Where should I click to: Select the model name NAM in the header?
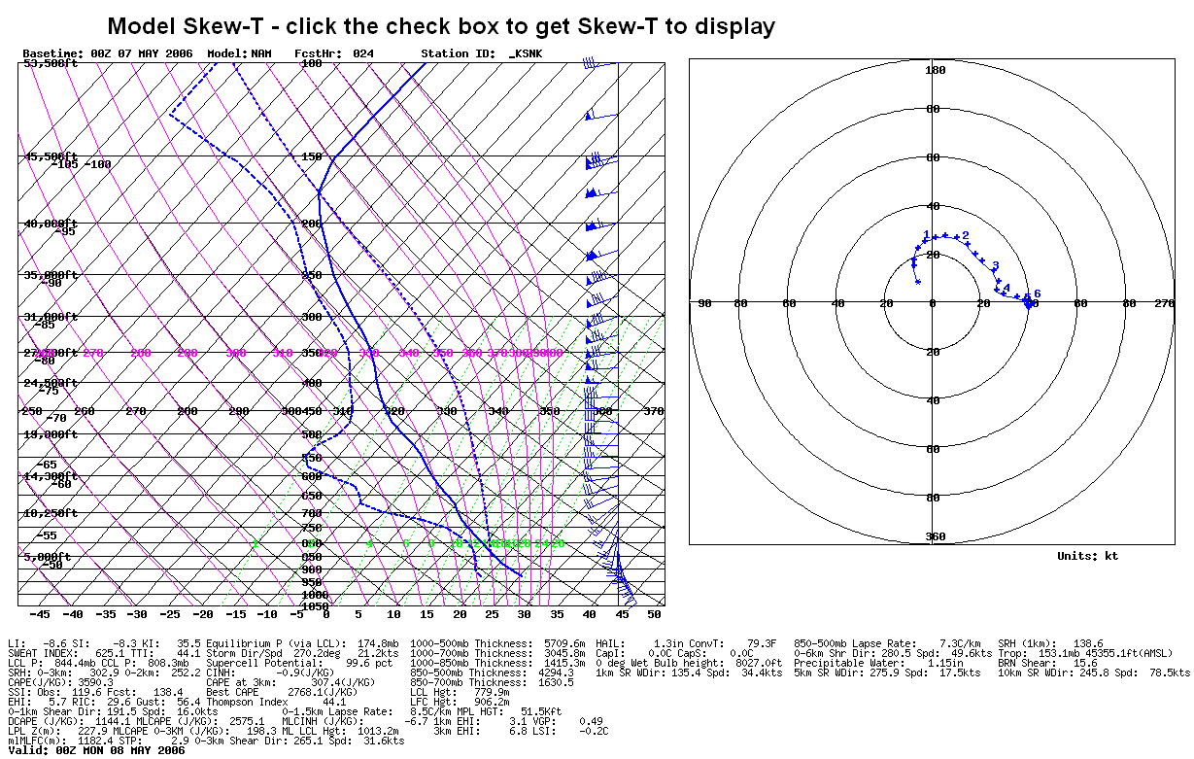[261, 52]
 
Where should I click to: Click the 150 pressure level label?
[311, 156]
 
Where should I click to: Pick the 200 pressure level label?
[311, 224]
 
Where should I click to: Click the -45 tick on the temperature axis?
[40, 614]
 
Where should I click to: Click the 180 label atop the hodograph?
[935, 70]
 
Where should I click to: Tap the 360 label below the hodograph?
[935, 536]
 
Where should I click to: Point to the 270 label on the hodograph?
[1164, 303]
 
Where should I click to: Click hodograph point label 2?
[965, 235]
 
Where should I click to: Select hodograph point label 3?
[995, 265]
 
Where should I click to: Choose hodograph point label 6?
[1038, 293]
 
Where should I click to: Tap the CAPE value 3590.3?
[94, 682]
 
